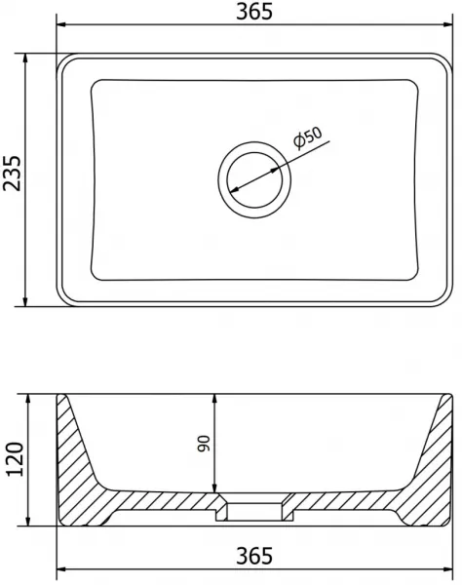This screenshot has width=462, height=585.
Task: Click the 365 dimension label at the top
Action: pyautogui.click(x=254, y=12)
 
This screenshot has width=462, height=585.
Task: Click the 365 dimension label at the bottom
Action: pyautogui.click(x=254, y=556)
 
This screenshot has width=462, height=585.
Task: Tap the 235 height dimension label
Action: pyautogui.click(x=13, y=174)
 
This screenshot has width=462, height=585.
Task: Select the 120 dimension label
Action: pyautogui.click(x=15, y=459)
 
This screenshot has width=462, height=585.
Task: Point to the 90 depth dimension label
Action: pyautogui.click(x=205, y=444)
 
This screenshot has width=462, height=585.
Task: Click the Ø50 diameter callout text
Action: pyautogui.click(x=308, y=137)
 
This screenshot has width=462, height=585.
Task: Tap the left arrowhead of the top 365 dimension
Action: pyautogui.click(x=60, y=24)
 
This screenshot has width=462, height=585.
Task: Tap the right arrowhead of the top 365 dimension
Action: pyautogui.click(x=447, y=24)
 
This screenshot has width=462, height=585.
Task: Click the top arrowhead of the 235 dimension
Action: pyautogui.click(x=25, y=58)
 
